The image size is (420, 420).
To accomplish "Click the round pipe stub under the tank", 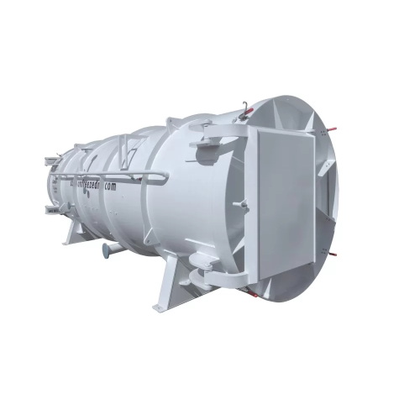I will point(107,250).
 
